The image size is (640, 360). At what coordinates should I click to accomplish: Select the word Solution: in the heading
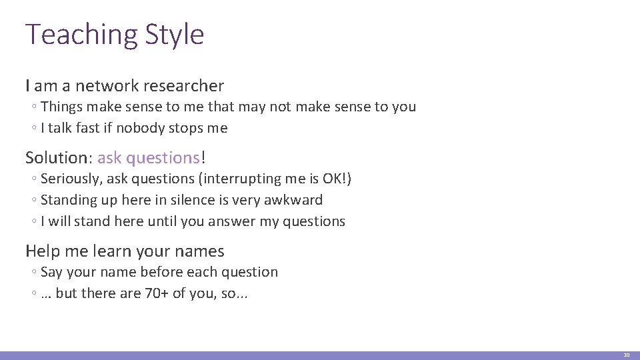click(x=59, y=158)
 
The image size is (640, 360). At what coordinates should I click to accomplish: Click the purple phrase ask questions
click(x=149, y=158)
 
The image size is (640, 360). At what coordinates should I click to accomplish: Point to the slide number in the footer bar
click(x=626, y=355)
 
